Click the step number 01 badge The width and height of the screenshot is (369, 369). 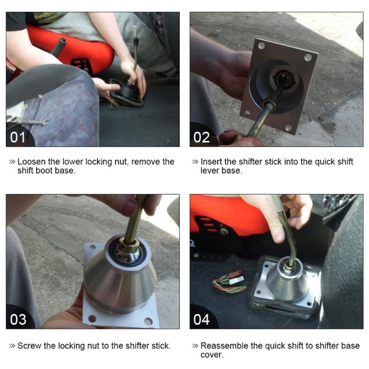coord(18,137)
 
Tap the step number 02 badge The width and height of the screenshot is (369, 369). coord(201,137)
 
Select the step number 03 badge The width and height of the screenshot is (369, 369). coord(18,319)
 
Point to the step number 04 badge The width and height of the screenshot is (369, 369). coord(201,319)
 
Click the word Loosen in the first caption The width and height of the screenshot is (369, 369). coord(32,161)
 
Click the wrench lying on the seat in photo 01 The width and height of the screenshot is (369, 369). coord(28,121)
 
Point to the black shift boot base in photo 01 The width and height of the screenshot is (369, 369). coord(126,93)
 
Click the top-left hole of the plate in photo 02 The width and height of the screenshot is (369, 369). coord(261,45)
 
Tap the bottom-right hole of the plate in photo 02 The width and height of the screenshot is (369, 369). coord(288,128)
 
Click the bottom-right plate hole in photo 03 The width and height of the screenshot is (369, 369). coord(149,321)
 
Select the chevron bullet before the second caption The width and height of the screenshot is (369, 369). coord(195,162)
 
